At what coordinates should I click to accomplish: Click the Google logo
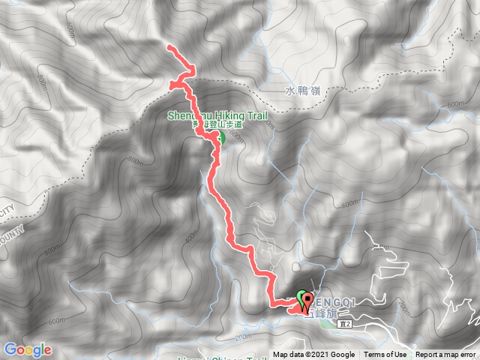click(27, 349)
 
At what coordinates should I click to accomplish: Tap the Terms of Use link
click(385, 355)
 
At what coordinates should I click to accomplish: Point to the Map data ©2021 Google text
click(313, 355)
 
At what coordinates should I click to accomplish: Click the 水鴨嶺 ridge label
click(302, 91)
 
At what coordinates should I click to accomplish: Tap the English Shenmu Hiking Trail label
click(205, 115)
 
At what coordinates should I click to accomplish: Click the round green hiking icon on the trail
click(220, 138)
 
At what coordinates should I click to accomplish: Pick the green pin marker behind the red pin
click(301, 298)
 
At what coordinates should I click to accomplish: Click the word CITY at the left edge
click(7, 211)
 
